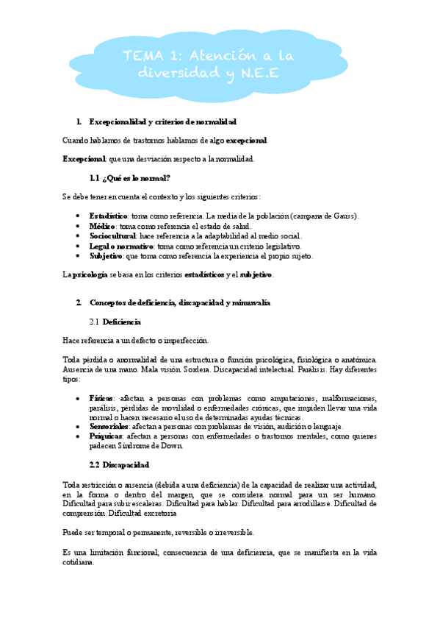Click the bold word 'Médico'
(101, 226)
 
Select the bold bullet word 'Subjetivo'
(106, 256)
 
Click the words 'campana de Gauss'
(325, 216)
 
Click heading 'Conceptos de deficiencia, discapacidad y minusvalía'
(179, 302)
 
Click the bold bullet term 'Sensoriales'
(109, 426)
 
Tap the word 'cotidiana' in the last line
(79, 562)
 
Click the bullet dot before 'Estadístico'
(79, 216)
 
